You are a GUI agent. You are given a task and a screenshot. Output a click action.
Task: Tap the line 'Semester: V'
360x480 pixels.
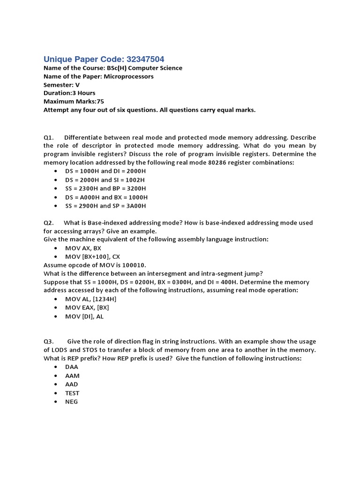[61, 85]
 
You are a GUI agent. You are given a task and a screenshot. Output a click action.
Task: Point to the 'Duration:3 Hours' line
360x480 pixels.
[69, 93]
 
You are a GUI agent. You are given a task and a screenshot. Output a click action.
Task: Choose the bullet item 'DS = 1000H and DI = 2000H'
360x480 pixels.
[105, 172]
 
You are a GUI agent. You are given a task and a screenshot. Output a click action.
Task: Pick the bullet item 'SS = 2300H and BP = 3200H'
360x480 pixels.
[105, 188]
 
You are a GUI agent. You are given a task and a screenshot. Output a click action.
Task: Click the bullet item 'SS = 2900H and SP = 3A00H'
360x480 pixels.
[105, 206]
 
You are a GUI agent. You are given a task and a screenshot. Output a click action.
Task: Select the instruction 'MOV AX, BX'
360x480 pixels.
[83, 248]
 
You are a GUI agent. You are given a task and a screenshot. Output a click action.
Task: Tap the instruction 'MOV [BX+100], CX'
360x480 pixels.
[93, 257]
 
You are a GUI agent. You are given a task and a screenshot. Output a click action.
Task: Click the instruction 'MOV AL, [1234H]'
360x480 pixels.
[91, 300]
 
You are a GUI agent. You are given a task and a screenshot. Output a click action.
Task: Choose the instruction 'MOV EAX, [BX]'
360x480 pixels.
[87, 308]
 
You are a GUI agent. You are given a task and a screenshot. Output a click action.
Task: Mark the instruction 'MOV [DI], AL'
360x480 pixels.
[84, 316]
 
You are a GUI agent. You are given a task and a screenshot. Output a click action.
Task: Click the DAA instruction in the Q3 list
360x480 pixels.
[72, 367]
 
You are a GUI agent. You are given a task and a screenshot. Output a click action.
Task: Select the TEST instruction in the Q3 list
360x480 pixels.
[72, 393]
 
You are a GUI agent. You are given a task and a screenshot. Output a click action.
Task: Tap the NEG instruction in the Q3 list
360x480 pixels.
[72, 402]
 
